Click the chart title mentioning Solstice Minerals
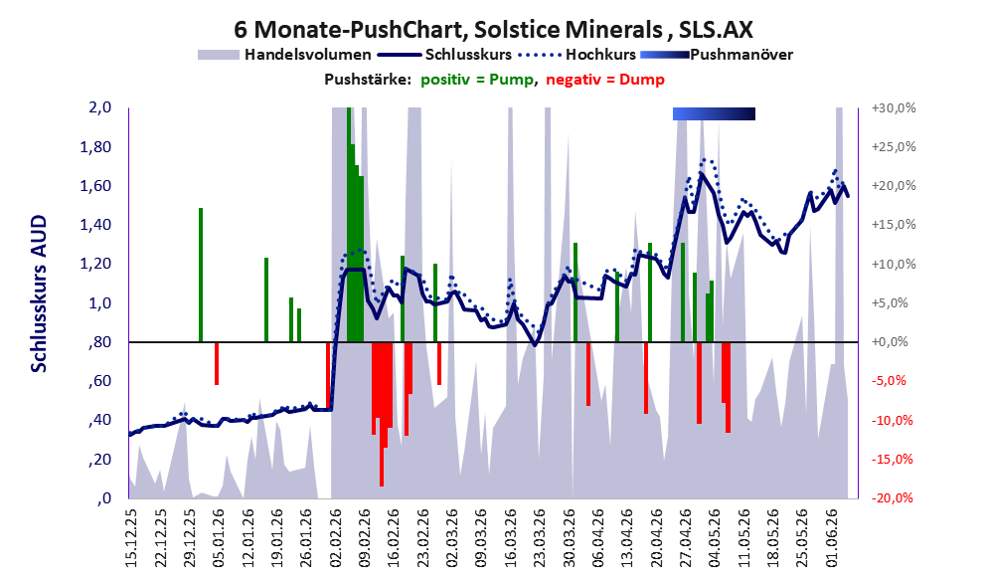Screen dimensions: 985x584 (x=493, y=29)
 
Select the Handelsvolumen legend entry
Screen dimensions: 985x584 (x=284, y=55)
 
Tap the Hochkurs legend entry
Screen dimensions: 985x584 (x=577, y=55)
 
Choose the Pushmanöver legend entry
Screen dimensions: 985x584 (x=717, y=55)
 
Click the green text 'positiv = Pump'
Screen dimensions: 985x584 (x=477, y=80)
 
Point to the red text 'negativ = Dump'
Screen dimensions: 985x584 (x=605, y=80)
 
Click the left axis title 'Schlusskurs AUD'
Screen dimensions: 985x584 (x=39, y=293)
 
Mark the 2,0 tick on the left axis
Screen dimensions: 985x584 (x=99, y=107)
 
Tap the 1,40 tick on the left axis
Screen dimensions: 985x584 (x=95, y=225)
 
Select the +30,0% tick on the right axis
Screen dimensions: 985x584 (x=893, y=108)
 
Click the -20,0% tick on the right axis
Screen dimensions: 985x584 (x=893, y=497)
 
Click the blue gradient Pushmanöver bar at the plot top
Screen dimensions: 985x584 (x=714, y=113)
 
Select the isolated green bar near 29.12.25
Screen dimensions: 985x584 (x=201, y=275)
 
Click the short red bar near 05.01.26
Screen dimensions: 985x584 (x=217, y=363)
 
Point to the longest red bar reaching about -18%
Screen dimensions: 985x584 (x=382, y=414)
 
